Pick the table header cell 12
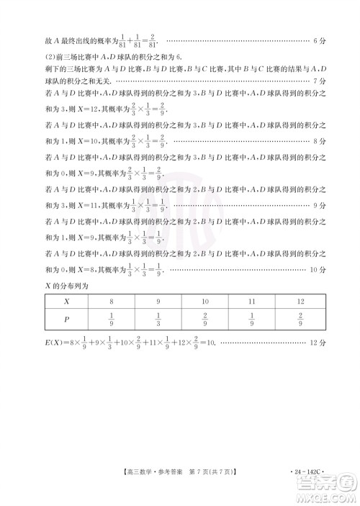click(x=300, y=302)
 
